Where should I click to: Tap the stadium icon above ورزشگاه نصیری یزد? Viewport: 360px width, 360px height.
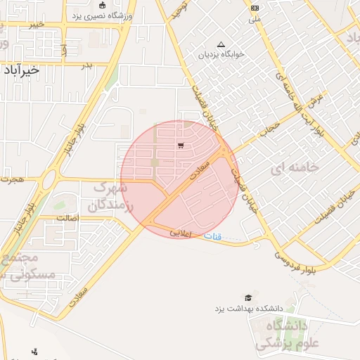point(102,5)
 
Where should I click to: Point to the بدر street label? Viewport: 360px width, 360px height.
point(87,65)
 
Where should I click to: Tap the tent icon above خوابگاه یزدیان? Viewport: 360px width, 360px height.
point(222,44)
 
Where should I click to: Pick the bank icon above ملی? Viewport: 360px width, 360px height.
point(254,7)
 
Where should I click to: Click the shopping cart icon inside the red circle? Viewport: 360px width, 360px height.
point(181,146)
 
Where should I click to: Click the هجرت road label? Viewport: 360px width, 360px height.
point(12,180)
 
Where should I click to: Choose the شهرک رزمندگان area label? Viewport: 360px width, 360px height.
point(108,197)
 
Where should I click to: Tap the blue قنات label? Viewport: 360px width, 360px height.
point(212,237)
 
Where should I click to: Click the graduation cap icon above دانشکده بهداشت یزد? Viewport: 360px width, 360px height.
point(247,298)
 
